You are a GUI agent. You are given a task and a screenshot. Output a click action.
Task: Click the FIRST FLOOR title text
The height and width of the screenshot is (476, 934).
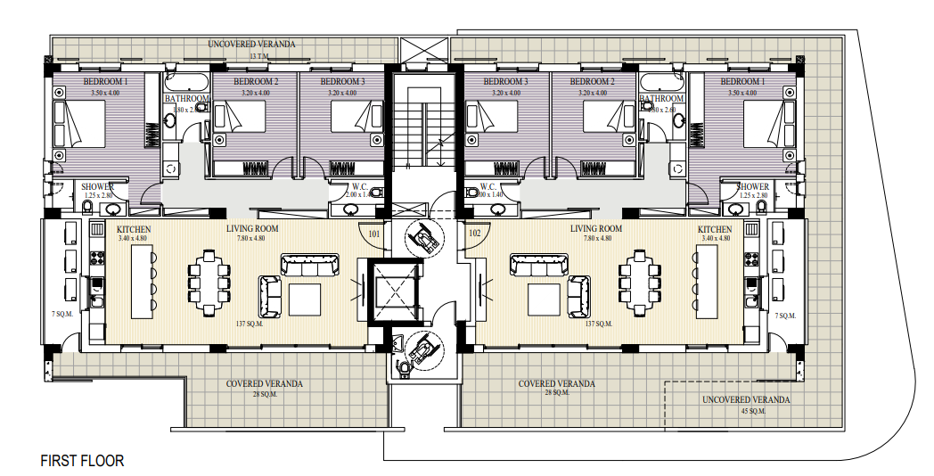(x=82, y=461)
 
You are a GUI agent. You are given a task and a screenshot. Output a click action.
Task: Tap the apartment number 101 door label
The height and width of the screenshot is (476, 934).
(x=375, y=234)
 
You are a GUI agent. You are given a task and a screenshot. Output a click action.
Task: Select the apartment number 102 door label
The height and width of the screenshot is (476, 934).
(x=474, y=234)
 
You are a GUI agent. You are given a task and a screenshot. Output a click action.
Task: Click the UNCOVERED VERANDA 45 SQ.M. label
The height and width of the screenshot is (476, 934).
(x=745, y=405)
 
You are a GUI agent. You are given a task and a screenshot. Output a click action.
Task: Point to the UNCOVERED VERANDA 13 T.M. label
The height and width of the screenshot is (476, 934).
(x=251, y=48)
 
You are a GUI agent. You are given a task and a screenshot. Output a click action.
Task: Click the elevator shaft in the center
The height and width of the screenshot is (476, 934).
(x=393, y=291)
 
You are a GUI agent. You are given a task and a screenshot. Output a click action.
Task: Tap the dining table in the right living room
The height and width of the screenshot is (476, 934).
(x=638, y=282)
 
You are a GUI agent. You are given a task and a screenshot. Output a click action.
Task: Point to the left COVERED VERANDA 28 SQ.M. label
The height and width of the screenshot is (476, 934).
(x=264, y=388)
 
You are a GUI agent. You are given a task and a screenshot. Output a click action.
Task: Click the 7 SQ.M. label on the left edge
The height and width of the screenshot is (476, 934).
(x=61, y=316)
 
